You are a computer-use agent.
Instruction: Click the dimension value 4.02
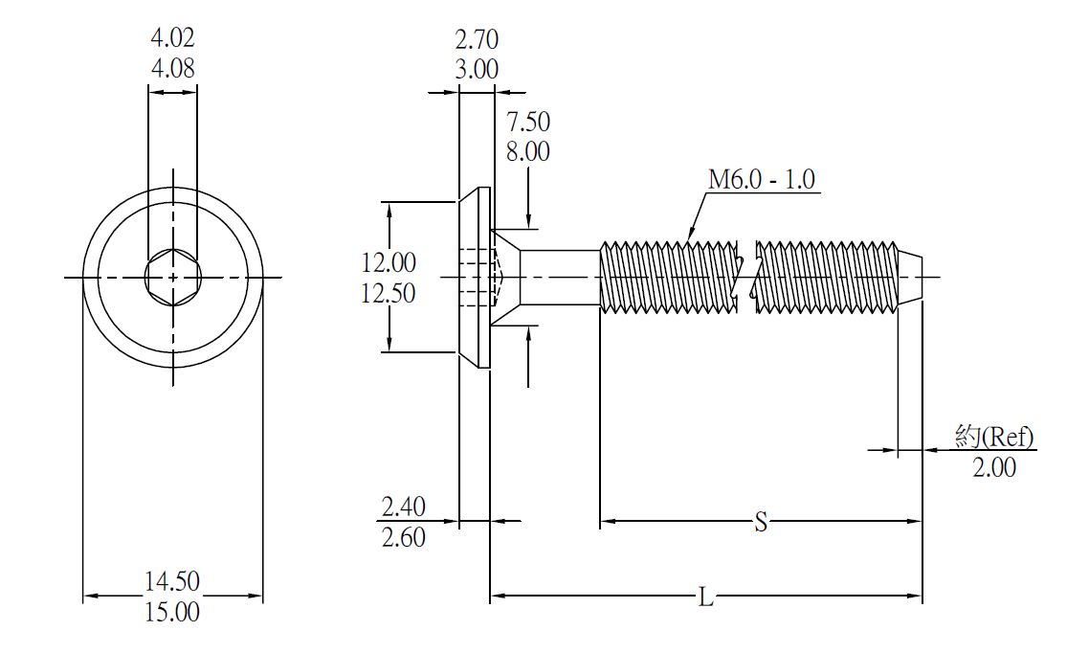[172, 39]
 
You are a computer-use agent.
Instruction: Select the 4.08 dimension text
[172, 69]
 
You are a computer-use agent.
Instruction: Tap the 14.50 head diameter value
[172, 580]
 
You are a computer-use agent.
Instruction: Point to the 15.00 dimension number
[172, 612]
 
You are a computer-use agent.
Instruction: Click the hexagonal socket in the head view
[172, 278]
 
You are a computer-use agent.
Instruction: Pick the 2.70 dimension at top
[477, 39]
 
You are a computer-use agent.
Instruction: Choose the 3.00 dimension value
[477, 69]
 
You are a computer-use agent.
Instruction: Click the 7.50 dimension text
[528, 122]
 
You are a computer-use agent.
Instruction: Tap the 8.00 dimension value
[528, 151]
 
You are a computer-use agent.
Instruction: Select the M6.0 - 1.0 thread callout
[762, 179]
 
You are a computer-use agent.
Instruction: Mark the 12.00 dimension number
[389, 261]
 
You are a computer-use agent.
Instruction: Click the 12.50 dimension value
[389, 293]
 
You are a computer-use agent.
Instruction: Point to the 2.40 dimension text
[404, 506]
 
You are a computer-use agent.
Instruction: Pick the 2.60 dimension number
[404, 537]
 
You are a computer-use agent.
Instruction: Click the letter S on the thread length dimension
[761, 523]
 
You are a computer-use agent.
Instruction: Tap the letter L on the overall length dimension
[705, 598]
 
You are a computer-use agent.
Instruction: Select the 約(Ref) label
[994, 437]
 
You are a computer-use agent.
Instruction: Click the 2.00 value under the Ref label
[994, 467]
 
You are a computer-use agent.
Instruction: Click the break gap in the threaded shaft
[747, 278]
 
